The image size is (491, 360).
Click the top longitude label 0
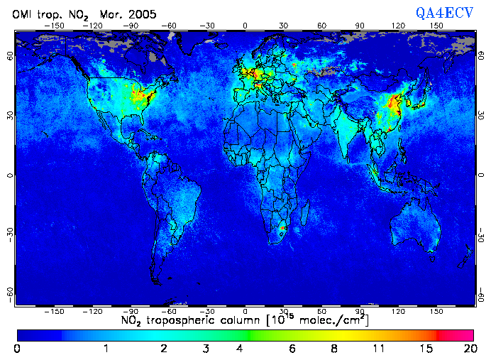(x=245, y=25)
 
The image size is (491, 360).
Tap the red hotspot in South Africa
(x=282, y=229)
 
